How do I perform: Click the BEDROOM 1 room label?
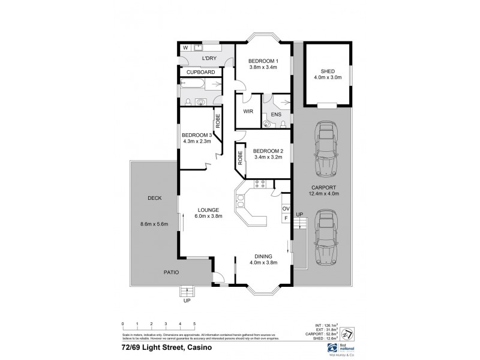point(263,61)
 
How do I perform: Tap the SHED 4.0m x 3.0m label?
point(327,73)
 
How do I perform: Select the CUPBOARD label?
point(200,72)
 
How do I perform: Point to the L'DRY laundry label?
point(209,58)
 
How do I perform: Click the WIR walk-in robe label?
point(248,112)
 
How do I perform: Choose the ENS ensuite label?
point(276,113)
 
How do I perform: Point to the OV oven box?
point(286,209)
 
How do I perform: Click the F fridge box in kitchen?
point(286,218)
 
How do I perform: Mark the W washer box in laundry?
point(185,47)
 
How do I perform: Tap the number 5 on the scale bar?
point(194,323)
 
